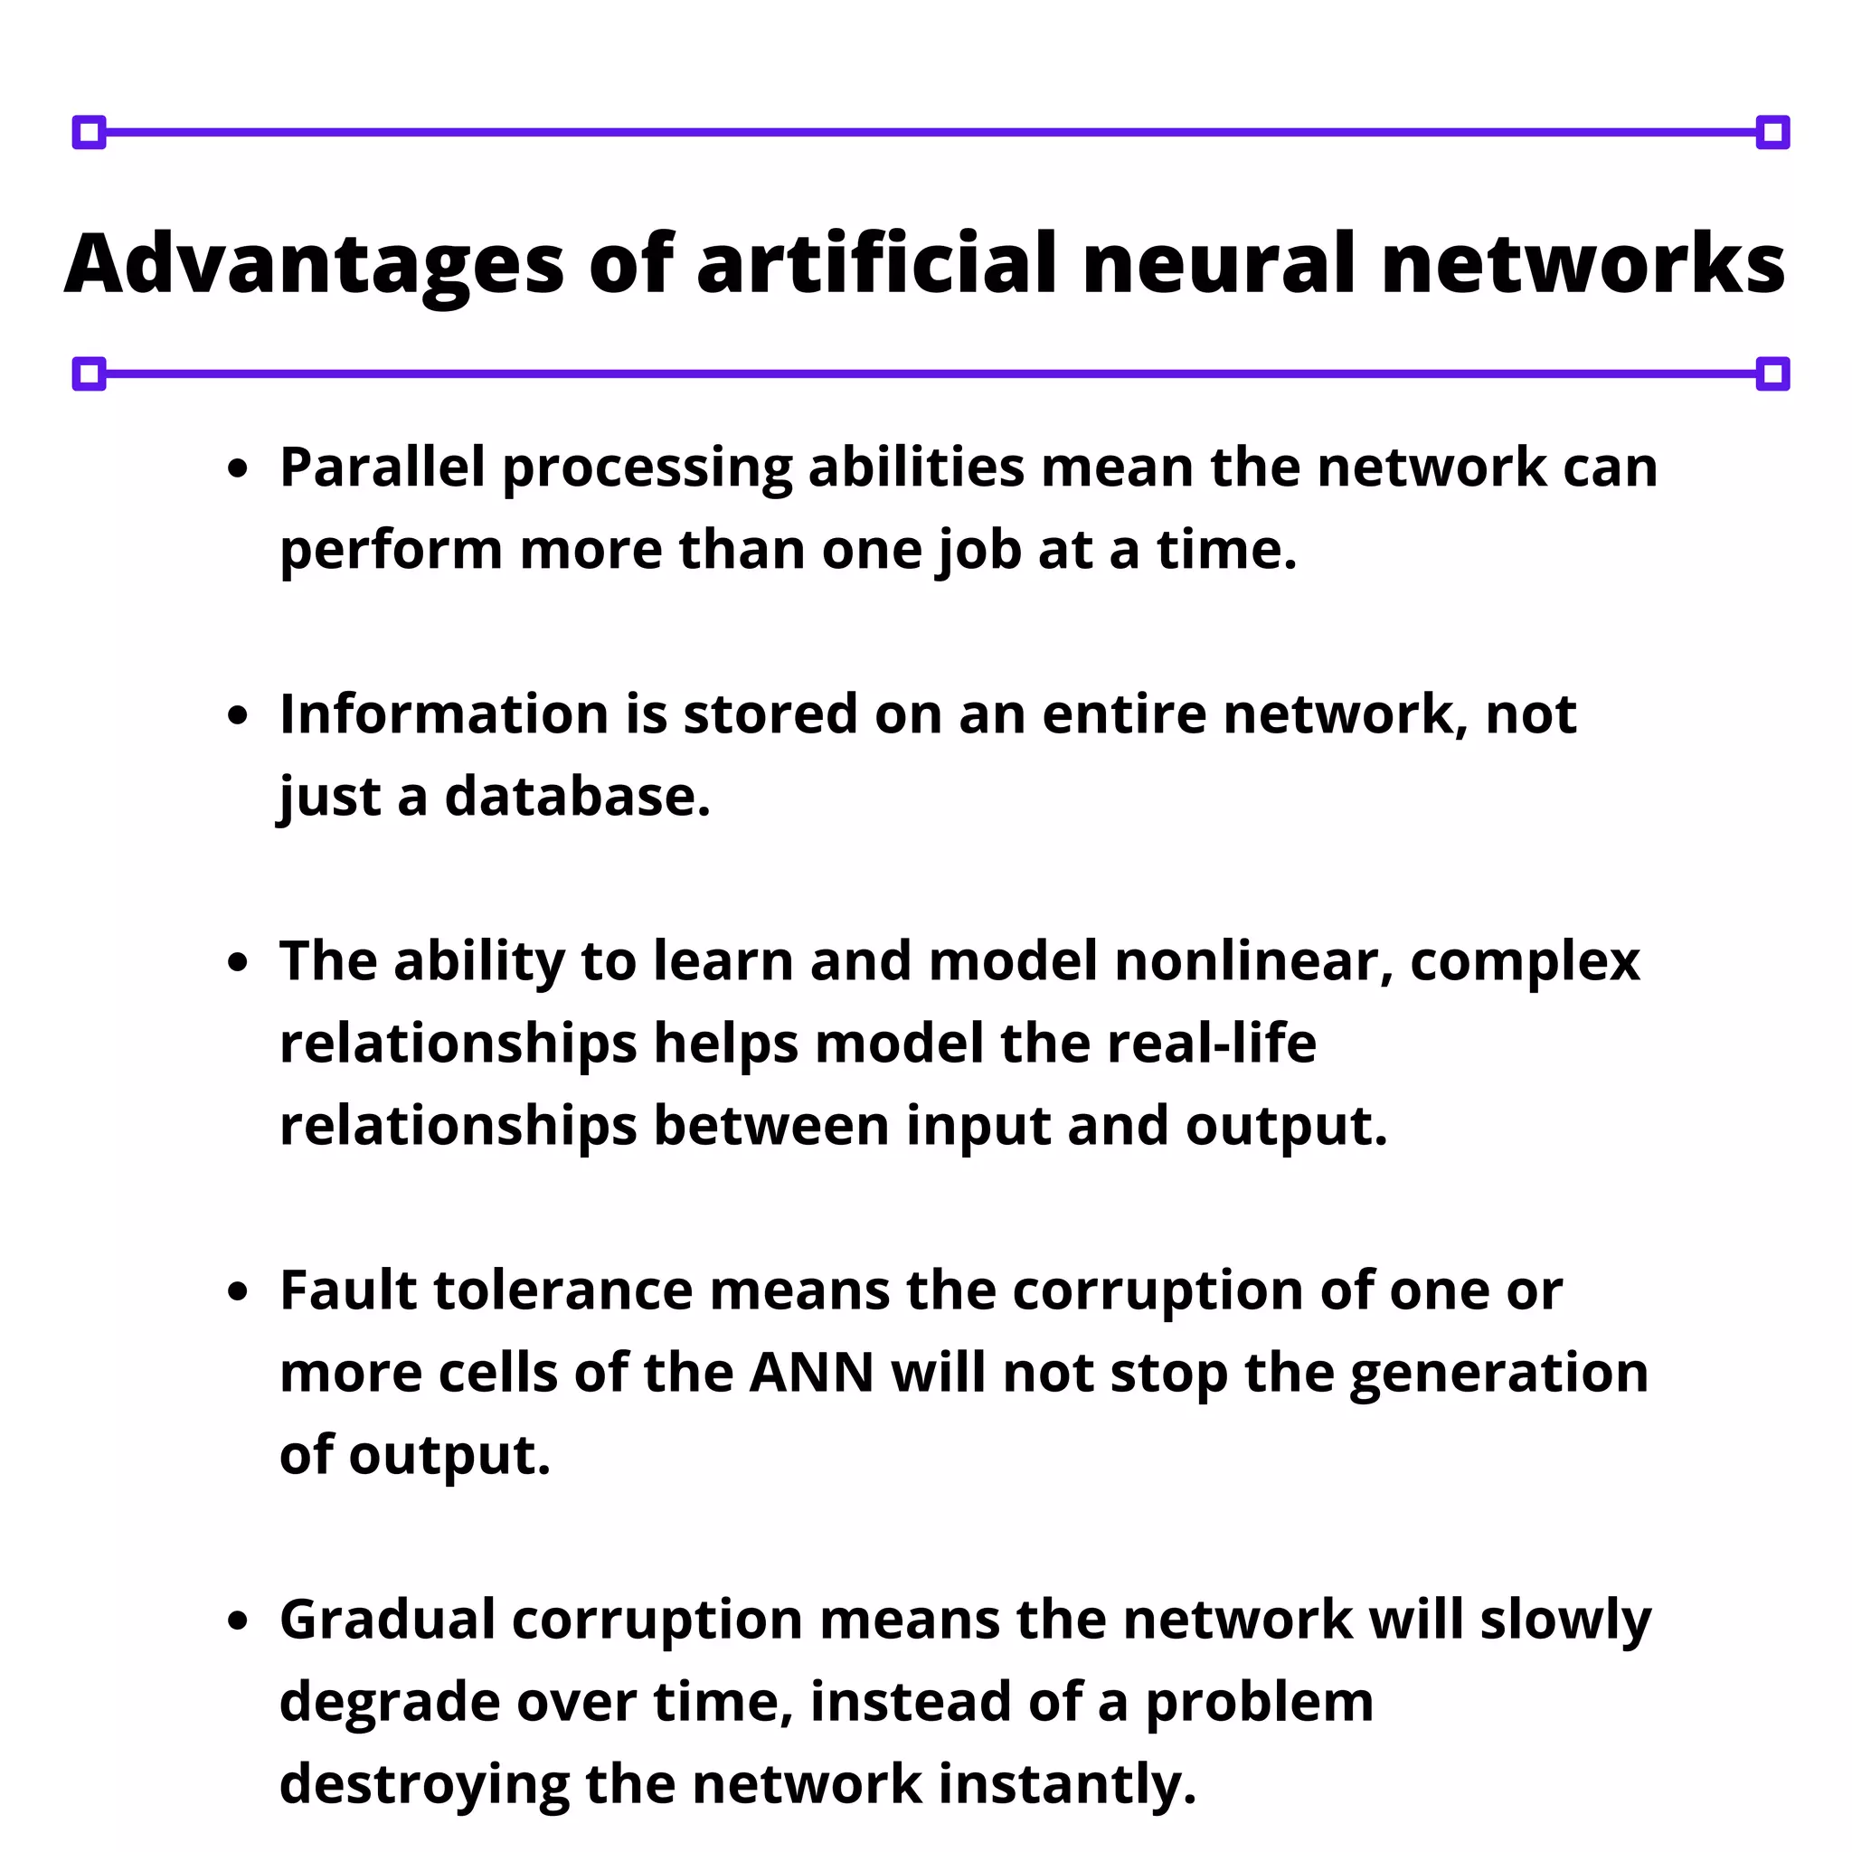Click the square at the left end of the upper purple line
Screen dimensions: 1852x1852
coord(90,132)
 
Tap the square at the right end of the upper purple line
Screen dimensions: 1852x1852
coord(1772,132)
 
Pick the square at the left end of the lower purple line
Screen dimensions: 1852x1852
coord(90,373)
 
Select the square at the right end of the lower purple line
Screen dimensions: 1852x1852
coord(1772,373)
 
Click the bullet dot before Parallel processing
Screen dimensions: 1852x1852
coord(239,469)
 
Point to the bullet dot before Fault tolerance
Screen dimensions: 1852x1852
coord(239,1293)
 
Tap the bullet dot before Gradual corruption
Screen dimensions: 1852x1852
coord(239,1622)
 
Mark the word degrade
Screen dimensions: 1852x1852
coord(389,1704)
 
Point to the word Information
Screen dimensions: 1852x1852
coord(445,715)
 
